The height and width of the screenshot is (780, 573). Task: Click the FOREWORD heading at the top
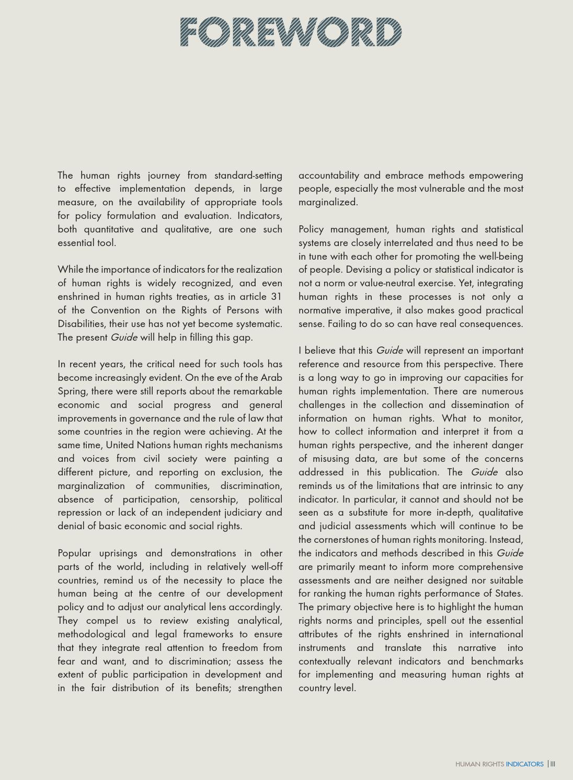point(291,32)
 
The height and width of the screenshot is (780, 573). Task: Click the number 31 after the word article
point(276,296)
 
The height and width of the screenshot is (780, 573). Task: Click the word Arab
point(271,377)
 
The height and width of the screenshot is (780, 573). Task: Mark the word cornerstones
point(346,539)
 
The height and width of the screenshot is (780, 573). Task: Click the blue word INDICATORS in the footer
point(524,764)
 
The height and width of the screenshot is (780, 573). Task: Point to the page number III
point(553,764)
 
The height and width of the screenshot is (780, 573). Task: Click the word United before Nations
point(120,445)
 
